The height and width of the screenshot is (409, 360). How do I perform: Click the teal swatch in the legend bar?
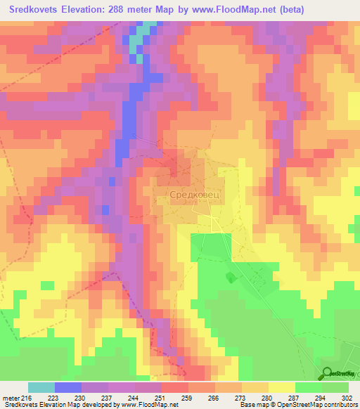41,387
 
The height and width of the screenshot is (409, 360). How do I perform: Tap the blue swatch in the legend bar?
68,387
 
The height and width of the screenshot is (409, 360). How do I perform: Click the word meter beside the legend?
11,398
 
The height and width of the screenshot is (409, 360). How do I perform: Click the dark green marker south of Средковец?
230,278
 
